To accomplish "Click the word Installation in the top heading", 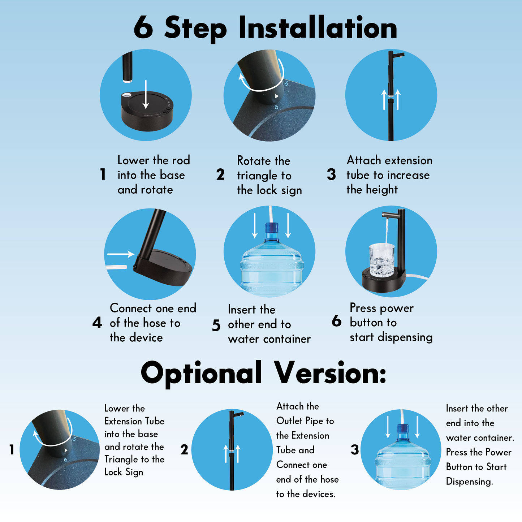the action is pos(318,27).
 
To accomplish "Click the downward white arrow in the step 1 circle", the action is pos(146,95).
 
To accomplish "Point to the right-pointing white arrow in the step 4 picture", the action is pos(121,254).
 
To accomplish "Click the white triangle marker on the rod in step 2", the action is pos(277,96).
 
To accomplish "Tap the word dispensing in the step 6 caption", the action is pos(405,337).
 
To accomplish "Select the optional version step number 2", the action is pos(184,450).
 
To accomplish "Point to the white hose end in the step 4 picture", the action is pos(116,267).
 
